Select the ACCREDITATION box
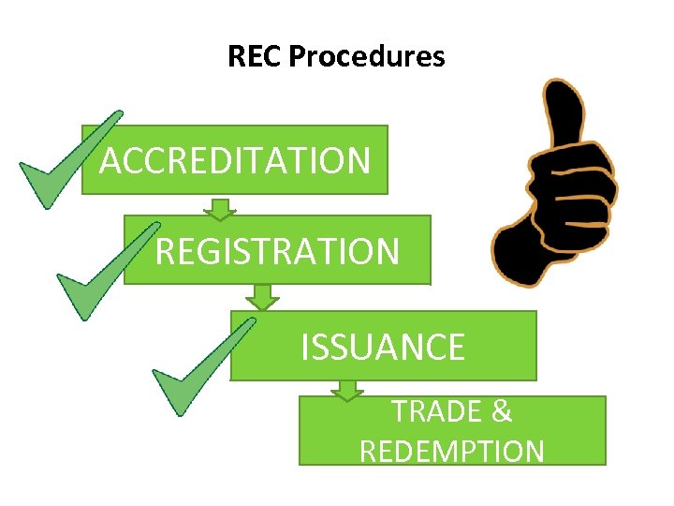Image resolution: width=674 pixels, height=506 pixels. [234, 160]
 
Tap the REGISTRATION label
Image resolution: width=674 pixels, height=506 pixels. [277, 251]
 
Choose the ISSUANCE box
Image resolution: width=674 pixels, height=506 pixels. [383, 347]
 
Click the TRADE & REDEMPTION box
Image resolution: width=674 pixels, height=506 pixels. [452, 431]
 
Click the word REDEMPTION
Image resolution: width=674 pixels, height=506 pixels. [452, 452]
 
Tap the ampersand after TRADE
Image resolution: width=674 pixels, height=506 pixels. [501, 411]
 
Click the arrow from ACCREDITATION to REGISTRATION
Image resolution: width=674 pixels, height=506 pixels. [219, 207]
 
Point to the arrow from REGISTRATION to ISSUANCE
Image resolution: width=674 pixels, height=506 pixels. [262, 297]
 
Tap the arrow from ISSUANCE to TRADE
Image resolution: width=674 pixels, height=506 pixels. [347, 390]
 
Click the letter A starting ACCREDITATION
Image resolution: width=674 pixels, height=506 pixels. [111, 161]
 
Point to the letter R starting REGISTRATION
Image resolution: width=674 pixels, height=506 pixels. [166, 251]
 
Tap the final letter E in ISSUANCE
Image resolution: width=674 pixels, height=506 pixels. [455, 348]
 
